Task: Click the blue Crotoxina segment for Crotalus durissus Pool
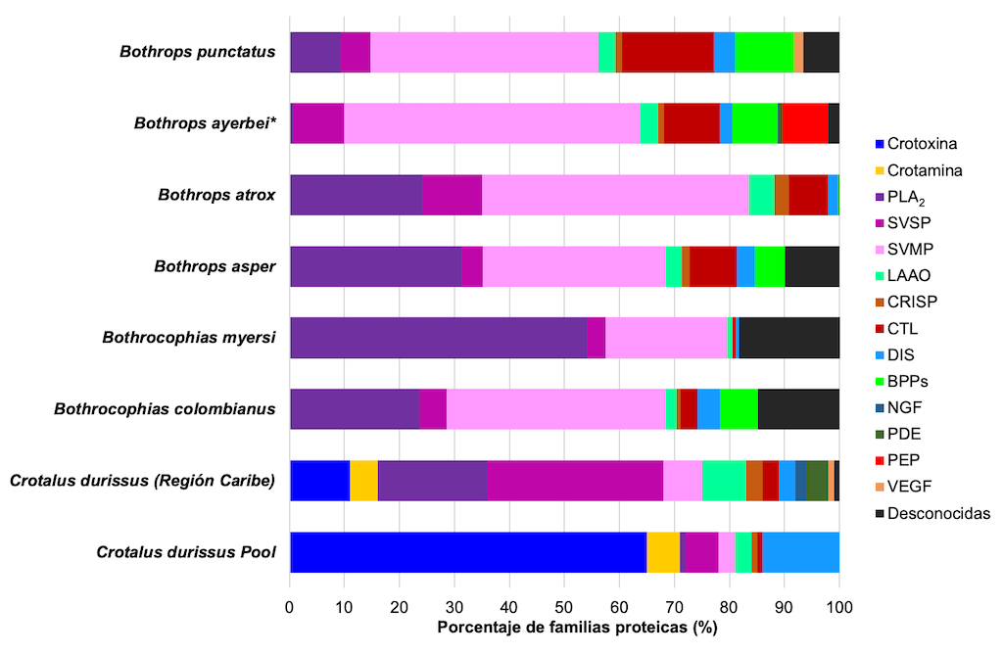(468, 552)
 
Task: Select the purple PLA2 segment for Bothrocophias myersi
(438, 338)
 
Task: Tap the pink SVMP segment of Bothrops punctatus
(484, 52)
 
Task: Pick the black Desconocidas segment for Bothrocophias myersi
(789, 338)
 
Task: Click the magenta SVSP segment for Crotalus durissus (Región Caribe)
(575, 481)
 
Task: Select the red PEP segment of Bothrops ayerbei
(805, 123)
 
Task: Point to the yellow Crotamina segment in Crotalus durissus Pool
(663, 552)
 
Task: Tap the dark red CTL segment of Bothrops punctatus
(668, 52)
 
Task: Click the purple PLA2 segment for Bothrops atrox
(356, 195)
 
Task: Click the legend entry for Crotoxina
(922, 144)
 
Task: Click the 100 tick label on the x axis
(838, 607)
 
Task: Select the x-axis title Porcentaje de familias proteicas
(576, 628)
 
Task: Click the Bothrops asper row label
(215, 266)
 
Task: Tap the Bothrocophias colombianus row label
(165, 409)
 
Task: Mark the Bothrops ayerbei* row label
(203, 123)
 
